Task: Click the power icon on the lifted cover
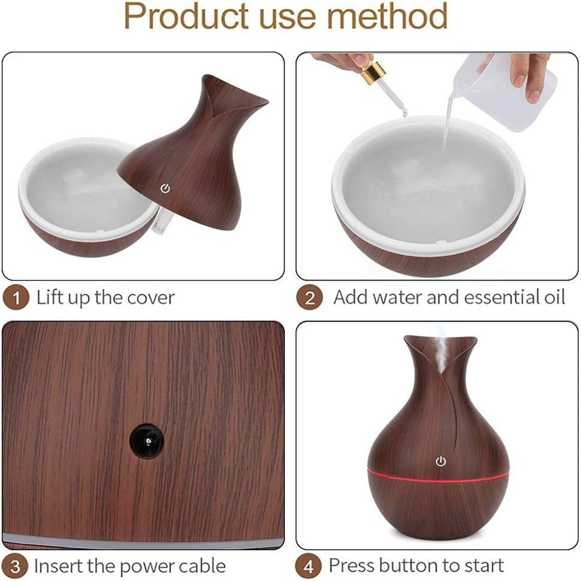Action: pos(165,188)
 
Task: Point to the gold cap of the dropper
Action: pos(374,72)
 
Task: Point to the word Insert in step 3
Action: pos(58,566)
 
